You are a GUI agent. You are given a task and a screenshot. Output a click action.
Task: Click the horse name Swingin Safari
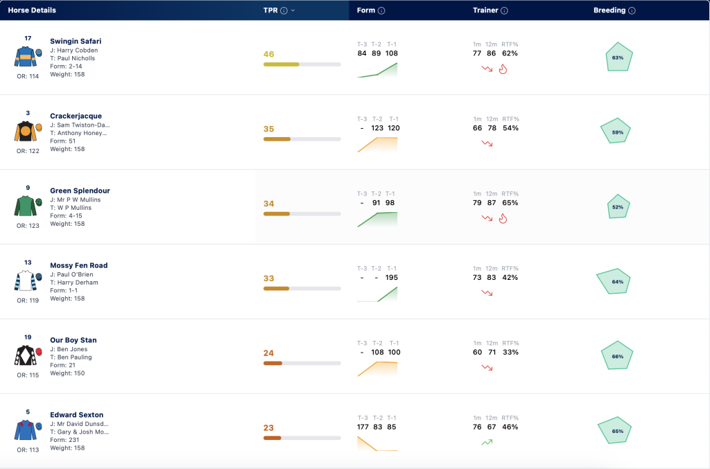pos(76,41)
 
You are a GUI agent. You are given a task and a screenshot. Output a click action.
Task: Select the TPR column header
pos(270,10)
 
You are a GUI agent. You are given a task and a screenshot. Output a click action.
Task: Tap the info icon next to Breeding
pos(632,10)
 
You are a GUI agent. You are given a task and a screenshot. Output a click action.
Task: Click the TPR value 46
pos(268,54)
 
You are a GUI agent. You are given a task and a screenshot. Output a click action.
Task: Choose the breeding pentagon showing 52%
pos(618,206)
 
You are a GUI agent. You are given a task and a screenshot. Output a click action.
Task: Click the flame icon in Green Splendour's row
pos(503,218)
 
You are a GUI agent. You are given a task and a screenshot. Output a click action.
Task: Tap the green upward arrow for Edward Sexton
pos(487,442)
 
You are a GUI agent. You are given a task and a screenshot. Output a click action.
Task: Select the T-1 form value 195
pos(391,278)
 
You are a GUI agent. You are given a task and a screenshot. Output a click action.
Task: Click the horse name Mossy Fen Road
pos(79,265)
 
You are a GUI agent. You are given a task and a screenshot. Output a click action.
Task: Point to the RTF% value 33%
pos(510,353)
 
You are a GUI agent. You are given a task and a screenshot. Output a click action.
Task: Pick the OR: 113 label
pos(28,450)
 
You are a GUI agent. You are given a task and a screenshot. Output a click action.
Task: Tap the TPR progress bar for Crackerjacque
pos(302,139)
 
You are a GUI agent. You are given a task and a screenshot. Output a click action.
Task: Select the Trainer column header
pos(485,10)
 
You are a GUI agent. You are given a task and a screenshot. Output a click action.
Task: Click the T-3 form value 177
pos(363,427)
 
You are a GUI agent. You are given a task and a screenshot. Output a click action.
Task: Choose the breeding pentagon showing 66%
pos(616,356)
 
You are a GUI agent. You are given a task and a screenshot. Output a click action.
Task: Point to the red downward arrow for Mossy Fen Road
pos(487,293)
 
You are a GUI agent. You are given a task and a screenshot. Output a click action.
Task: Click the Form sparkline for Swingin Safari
pos(377,70)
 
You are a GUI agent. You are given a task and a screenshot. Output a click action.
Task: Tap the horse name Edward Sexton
pos(76,415)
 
